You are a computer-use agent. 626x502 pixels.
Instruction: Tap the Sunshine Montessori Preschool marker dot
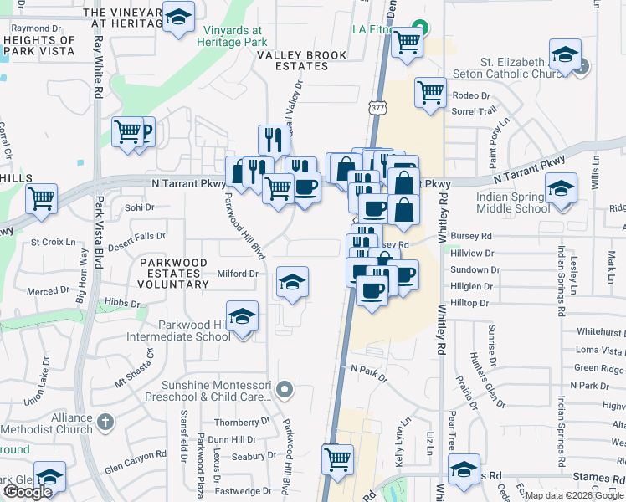[285, 389]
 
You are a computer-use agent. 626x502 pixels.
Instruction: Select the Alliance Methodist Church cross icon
[104, 420]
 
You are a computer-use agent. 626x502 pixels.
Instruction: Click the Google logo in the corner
[28, 492]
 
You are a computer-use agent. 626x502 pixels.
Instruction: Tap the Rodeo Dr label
[471, 95]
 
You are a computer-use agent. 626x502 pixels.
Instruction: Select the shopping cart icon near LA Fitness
[407, 40]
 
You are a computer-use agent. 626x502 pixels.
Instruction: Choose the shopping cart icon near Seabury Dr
[337, 458]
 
